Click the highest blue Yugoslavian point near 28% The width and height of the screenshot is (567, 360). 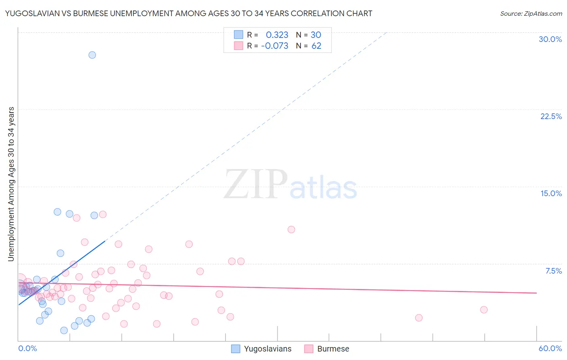[92, 55]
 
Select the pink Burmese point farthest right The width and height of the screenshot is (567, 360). [484, 310]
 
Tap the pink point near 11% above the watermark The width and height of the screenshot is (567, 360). [291, 229]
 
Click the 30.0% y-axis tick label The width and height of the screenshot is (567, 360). [550, 39]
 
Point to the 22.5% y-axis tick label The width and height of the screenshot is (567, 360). [551, 116]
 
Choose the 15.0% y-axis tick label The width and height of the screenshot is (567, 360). [551, 193]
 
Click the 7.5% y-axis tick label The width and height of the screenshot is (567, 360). [553, 271]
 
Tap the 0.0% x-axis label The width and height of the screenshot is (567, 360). [27, 348]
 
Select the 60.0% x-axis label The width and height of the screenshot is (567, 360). [550, 348]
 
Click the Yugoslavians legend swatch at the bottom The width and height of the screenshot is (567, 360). [236, 349]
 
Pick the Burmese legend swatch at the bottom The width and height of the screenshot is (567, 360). [309, 349]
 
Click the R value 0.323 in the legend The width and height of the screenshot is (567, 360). [277, 35]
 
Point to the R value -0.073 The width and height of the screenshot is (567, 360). [275, 46]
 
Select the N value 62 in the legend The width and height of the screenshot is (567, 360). [316, 46]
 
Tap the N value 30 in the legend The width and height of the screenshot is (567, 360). [316, 35]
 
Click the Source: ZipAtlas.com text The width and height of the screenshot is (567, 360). [531, 13]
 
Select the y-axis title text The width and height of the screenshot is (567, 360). [11, 184]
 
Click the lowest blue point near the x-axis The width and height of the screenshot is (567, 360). [64, 330]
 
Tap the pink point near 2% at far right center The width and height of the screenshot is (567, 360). [419, 318]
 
